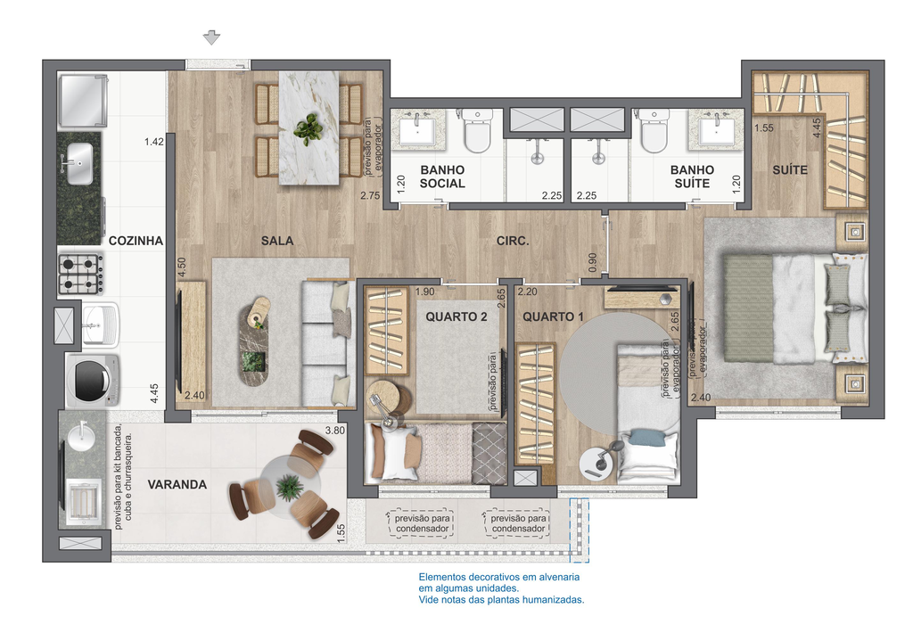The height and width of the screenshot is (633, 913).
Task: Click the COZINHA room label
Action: (x=136, y=241)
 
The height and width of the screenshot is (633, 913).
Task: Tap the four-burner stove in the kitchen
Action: (x=81, y=274)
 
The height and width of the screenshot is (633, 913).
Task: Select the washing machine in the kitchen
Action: (x=93, y=381)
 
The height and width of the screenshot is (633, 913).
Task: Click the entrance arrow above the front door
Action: (x=211, y=37)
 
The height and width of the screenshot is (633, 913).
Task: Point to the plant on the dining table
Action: (x=308, y=128)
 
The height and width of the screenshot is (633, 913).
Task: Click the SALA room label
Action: (x=277, y=241)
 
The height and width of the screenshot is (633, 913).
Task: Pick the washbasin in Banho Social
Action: (x=417, y=128)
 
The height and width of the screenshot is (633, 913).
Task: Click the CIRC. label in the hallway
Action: (x=513, y=241)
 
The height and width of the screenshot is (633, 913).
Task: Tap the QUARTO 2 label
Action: (x=456, y=316)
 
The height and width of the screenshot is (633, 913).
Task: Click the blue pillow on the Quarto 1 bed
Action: (x=648, y=438)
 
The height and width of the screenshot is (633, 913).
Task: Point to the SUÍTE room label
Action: (x=790, y=170)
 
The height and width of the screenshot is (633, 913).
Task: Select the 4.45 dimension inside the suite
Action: (x=817, y=128)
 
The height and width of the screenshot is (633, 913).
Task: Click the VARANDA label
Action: (x=177, y=484)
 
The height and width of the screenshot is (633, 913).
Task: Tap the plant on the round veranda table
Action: (x=290, y=487)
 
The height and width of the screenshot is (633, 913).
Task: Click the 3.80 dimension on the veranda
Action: (x=335, y=431)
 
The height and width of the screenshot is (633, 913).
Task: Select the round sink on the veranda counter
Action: (x=82, y=435)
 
